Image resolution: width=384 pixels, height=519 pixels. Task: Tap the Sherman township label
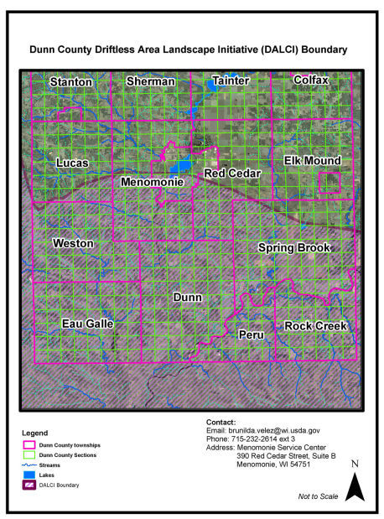[151, 81]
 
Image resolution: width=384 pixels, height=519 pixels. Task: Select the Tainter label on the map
[231, 80]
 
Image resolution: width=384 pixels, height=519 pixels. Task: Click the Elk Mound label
[312, 160]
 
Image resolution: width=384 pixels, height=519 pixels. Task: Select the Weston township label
[73, 243]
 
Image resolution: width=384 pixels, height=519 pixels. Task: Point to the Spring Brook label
[294, 248]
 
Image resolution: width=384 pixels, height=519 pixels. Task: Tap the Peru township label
[251, 335]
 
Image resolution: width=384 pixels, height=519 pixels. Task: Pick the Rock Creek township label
[315, 325]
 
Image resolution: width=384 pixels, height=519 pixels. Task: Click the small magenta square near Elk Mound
[330, 183]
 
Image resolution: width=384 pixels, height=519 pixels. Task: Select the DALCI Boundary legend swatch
[30, 485]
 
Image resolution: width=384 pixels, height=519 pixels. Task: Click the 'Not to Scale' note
[319, 496]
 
